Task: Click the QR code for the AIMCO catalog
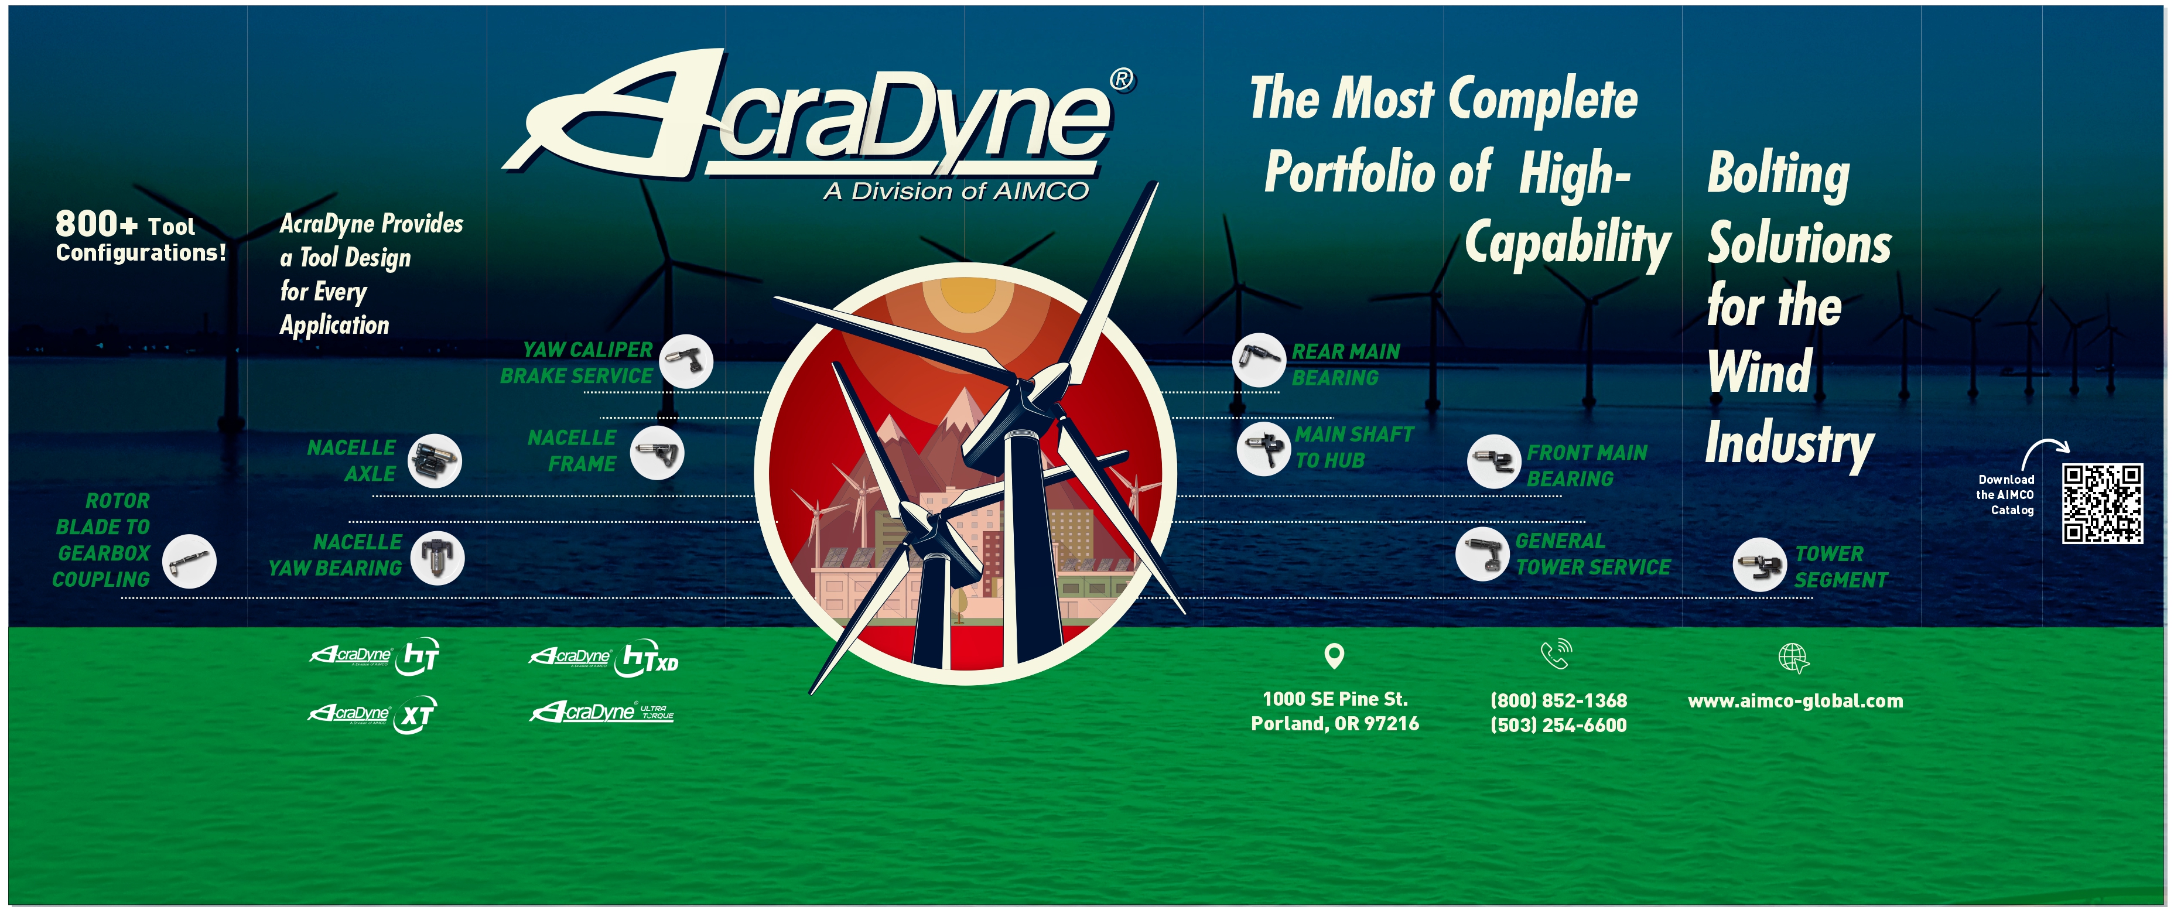click(2103, 503)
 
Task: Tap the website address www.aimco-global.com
click(1795, 701)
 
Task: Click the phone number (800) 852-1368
click(1559, 700)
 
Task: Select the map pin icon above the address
click(1334, 656)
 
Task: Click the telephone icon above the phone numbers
click(1556, 654)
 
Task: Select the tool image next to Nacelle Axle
click(435, 461)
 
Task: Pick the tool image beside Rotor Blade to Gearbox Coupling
click(189, 561)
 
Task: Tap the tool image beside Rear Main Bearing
click(1259, 360)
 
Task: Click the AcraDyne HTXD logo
click(603, 659)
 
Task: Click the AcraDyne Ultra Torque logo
click(601, 712)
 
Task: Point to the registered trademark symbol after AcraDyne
click(1122, 80)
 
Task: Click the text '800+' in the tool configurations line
click(96, 224)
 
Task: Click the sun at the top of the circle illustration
click(965, 295)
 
